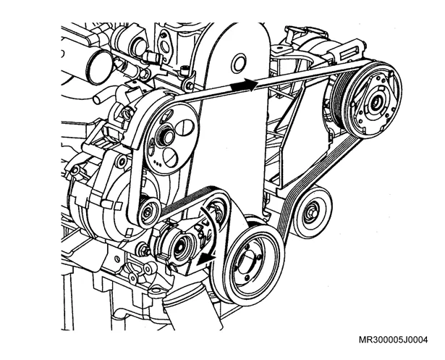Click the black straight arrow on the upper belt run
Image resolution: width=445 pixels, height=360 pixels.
click(244, 85)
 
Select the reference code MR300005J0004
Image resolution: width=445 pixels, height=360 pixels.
click(393, 340)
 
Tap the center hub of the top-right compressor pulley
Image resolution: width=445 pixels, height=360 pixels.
click(377, 101)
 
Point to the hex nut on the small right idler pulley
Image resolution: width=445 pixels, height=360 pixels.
click(311, 213)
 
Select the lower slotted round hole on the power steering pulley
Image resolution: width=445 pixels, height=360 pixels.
click(171, 157)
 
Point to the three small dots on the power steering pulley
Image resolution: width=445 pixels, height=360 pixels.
click(158, 163)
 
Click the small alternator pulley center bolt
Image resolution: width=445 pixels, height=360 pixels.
click(148, 212)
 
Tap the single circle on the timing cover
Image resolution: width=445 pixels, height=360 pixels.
click(239, 64)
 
